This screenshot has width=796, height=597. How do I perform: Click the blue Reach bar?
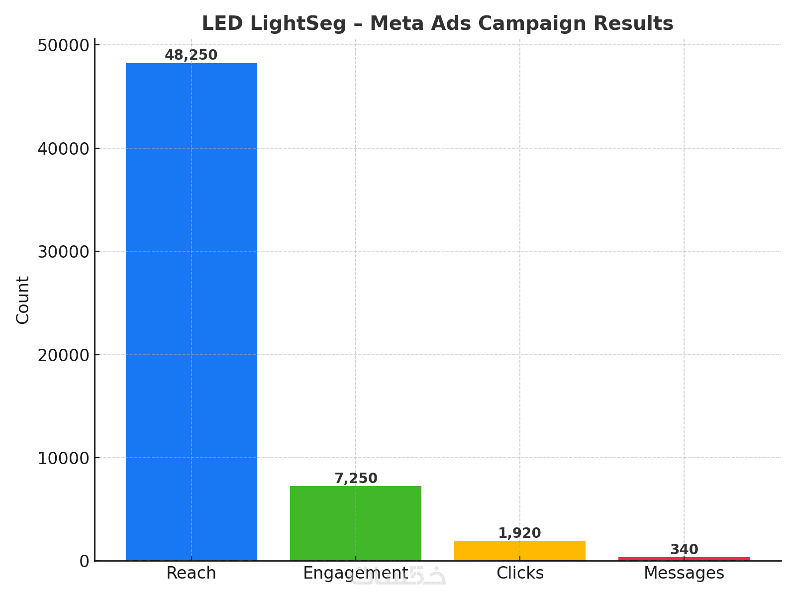(x=192, y=312)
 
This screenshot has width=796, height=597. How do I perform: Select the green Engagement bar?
(x=356, y=523)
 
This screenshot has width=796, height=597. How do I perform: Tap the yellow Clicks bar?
(x=520, y=551)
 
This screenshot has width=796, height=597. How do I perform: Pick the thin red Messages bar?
(x=684, y=559)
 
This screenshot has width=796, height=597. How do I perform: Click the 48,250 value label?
(x=192, y=55)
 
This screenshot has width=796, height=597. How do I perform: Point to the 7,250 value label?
(x=356, y=479)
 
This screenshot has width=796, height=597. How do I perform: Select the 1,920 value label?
(x=520, y=533)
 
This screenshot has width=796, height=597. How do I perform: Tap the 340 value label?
(x=684, y=550)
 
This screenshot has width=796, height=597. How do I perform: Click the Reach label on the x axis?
(x=192, y=573)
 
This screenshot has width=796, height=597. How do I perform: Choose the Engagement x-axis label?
(x=356, y=573)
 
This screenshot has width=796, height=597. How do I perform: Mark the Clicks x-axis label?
(x=520, y=573)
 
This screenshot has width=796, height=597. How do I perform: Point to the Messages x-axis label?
(x=684, y=573)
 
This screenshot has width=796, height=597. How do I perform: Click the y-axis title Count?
(x=23, y=300)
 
